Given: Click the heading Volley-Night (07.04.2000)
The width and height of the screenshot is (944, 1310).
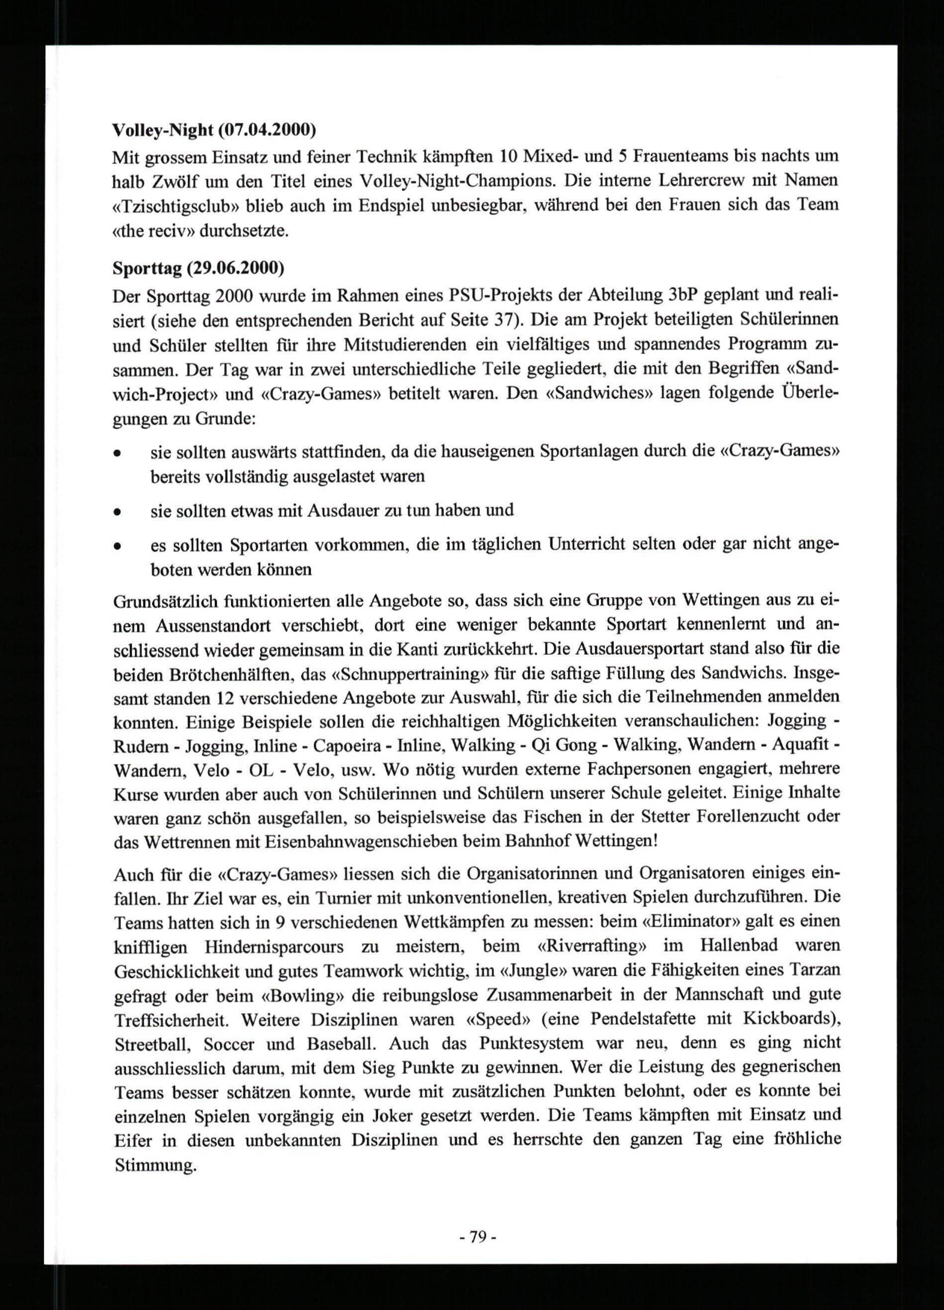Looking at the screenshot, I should tap(214, 131).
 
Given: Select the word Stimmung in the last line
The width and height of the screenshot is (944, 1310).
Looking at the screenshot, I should tap(156, 1165).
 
